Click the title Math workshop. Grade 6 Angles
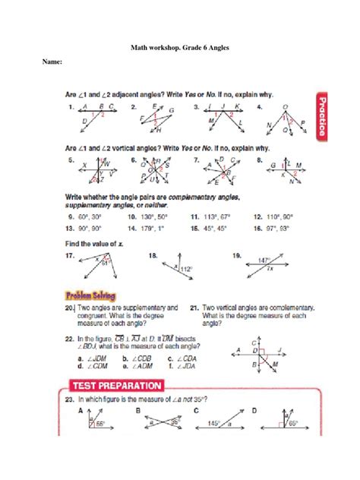point(179,48)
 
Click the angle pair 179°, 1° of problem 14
point(154,228)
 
